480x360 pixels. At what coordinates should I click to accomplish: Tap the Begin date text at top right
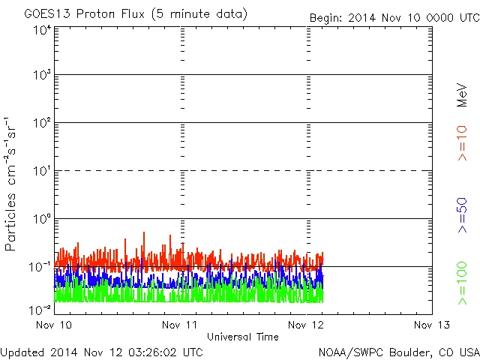pos(394,17)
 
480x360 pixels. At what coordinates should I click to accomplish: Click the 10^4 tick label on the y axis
pos(41,30)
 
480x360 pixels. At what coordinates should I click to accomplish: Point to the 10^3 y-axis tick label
pos(41,76)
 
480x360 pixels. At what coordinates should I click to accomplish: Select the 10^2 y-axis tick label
pos(41,124)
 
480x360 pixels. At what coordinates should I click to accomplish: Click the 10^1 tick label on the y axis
pos(41,172)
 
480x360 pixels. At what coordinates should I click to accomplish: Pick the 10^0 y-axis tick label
pos(41,220)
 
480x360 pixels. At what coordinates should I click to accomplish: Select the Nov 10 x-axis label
pos(53,325)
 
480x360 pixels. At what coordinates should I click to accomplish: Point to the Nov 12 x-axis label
pos(306,325)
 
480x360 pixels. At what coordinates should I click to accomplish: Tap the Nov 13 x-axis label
pos(431,325)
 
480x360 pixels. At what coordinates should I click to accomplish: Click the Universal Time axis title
pos(242,337)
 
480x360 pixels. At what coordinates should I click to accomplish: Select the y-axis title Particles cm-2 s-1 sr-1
pos(12,183)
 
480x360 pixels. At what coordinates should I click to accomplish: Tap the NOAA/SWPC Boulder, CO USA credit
pos(397,351)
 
